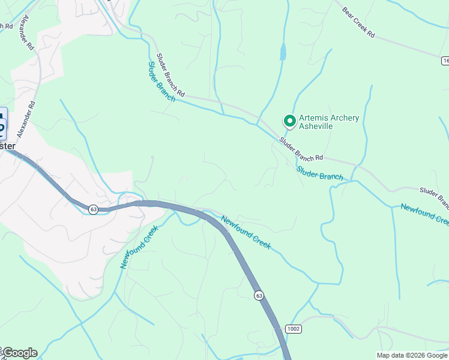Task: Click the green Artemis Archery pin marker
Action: click(289, 121)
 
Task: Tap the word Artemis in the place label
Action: click(313, 118)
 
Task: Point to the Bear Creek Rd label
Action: click(358, 23)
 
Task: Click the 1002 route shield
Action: click(294, 329)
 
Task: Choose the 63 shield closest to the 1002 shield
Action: click(259, 295)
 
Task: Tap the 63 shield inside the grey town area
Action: click(93, 209)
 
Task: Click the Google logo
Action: click(20, 353)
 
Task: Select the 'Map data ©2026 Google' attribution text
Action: click(412, 355)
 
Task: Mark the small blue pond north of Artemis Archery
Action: click(283, 52)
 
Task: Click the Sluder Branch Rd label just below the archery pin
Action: click(301, 149)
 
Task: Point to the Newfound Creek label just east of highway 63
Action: click(246, 232)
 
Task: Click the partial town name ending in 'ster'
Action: click(7, 146)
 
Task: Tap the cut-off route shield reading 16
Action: click(445, 61)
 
